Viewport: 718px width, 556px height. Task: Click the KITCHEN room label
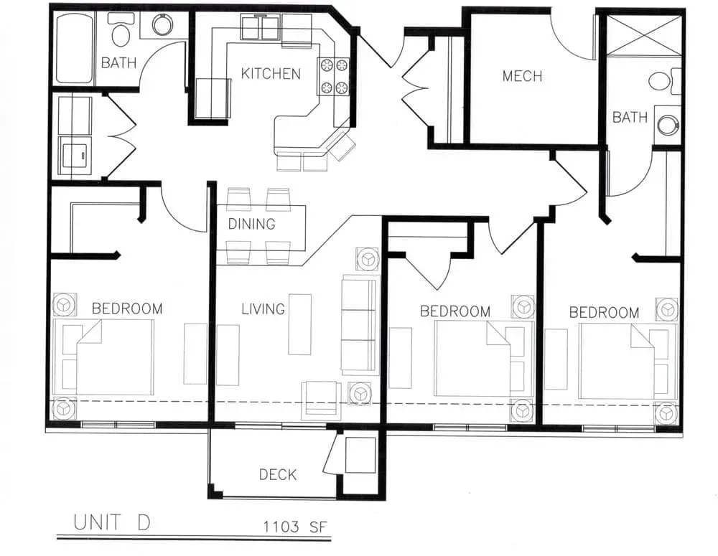271,74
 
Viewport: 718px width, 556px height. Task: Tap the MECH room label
522,76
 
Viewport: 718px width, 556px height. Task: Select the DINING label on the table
251,225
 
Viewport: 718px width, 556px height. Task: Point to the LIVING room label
263,309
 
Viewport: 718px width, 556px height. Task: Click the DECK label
277,474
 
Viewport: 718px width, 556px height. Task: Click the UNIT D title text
112,522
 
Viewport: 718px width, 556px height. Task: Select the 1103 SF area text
295,527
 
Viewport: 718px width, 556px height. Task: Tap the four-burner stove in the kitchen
334,77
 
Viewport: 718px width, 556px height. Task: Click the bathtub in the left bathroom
74,48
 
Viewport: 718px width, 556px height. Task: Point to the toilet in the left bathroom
121,30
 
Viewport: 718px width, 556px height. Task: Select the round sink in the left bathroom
162,24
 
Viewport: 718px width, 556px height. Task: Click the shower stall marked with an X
643,35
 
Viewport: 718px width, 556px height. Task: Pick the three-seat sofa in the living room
360,325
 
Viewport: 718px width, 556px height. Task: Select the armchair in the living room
321,400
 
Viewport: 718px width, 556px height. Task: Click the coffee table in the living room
299,324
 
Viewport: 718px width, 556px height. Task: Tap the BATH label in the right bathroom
630,118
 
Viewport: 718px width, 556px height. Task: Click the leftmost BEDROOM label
127,308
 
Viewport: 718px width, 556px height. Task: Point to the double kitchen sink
260,27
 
